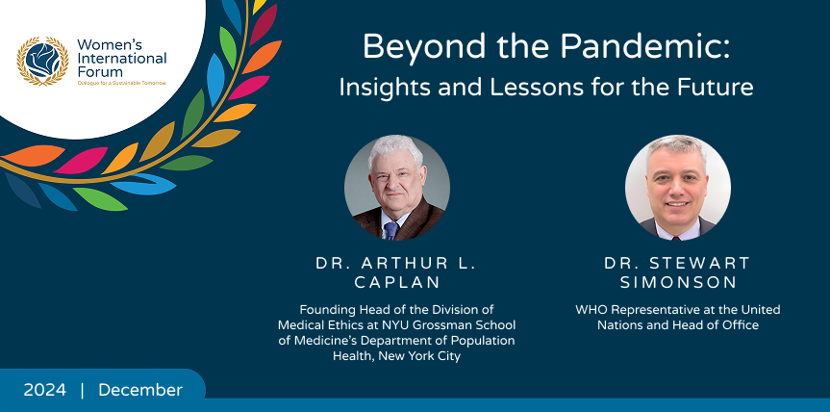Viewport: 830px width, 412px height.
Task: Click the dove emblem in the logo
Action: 42,61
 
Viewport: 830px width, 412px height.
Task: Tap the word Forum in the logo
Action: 99,71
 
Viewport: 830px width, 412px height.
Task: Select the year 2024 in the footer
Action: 45,390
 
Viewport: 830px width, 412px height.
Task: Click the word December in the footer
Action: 140,390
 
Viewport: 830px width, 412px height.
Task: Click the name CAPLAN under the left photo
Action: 397,282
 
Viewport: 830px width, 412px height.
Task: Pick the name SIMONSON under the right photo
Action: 678,282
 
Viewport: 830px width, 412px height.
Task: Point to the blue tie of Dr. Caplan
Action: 390,230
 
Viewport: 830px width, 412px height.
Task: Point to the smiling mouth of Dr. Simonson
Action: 677,203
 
